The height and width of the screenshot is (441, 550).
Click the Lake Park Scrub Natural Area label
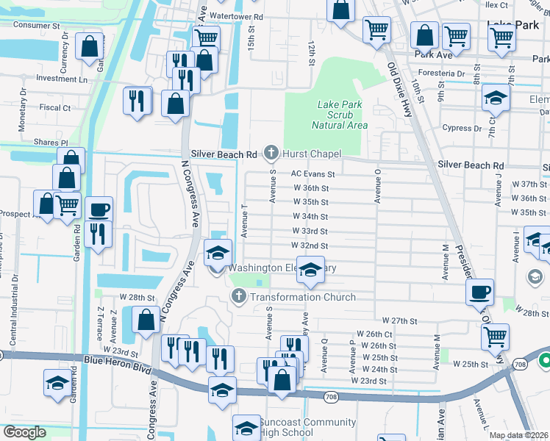click(339, 115)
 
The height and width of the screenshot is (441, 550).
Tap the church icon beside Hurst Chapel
click(271, 153)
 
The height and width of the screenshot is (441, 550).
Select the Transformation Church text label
click(302, 297)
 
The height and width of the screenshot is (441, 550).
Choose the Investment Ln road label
click(61, 79)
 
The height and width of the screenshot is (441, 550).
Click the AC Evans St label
click(312, 174)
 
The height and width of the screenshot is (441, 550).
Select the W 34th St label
click(310, 217)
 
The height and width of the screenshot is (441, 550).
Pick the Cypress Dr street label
click(462, 128)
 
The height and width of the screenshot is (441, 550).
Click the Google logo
click(24, 432)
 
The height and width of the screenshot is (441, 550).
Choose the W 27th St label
click(399, 321)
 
